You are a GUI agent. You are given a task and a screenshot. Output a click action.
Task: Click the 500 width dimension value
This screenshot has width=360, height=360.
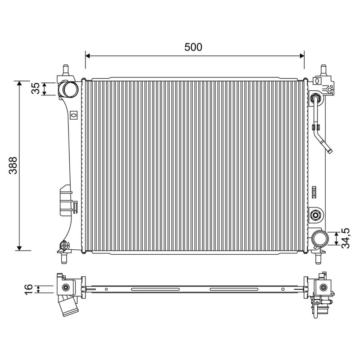click(x=193, y=47)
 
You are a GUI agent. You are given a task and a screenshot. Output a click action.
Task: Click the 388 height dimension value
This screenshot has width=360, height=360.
click(x=13, y=165)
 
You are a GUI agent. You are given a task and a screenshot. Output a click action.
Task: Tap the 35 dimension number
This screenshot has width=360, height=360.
click(x=36, y=88)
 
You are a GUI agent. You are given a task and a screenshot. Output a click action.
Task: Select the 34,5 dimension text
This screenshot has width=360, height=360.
click(x=345, y=238)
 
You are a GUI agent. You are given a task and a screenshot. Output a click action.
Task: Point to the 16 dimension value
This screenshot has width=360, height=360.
click(x=28, y=289)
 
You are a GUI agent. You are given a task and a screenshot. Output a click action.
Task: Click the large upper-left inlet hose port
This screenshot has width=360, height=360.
click(x=69, y=89)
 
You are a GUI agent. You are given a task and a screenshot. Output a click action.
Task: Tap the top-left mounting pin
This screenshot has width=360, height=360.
click(x=66, y=70)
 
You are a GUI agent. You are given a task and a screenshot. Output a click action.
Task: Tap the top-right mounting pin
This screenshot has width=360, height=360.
click(x=324, y=70)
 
